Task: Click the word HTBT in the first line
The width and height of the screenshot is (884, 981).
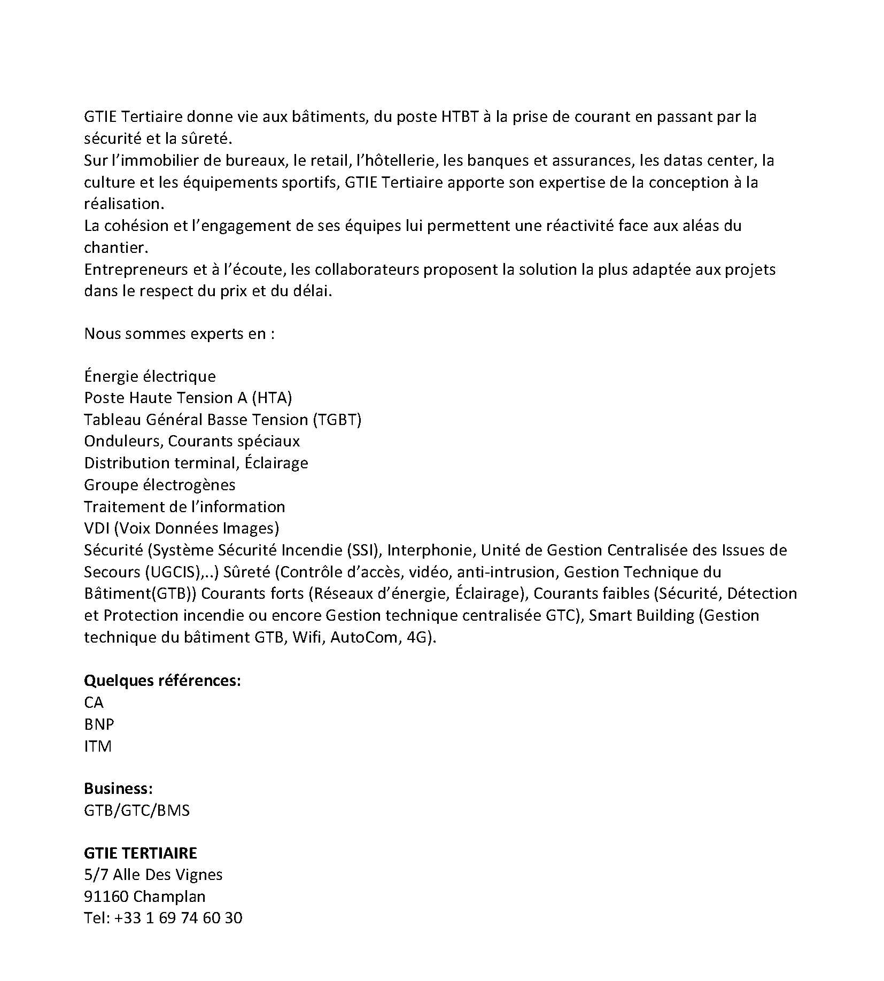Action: point(459,117)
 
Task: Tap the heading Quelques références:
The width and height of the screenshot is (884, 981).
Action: point(162,681)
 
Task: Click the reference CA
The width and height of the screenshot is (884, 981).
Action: point(94,702)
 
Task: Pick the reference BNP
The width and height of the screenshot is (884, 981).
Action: point(99,724)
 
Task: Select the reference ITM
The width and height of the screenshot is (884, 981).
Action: point(98,746)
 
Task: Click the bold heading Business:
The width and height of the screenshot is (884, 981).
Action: point(119,789)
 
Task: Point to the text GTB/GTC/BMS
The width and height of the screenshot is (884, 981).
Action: point(137,810)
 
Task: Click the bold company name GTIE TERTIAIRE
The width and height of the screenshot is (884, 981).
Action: point(141,853)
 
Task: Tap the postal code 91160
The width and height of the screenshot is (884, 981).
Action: point(106,897)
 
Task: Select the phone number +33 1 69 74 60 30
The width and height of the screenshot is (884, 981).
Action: point(179,918)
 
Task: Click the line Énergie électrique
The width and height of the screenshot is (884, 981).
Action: point(150,376)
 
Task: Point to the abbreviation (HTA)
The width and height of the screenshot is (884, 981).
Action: point(272,398)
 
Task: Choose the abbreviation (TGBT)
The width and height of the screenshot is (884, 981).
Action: point(337,420)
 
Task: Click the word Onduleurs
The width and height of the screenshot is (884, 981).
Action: point(122,441)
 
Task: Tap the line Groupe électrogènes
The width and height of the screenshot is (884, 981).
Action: point(159,485)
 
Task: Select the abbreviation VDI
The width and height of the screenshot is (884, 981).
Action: point(96,528)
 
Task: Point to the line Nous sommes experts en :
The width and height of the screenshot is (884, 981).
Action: point(180,334)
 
